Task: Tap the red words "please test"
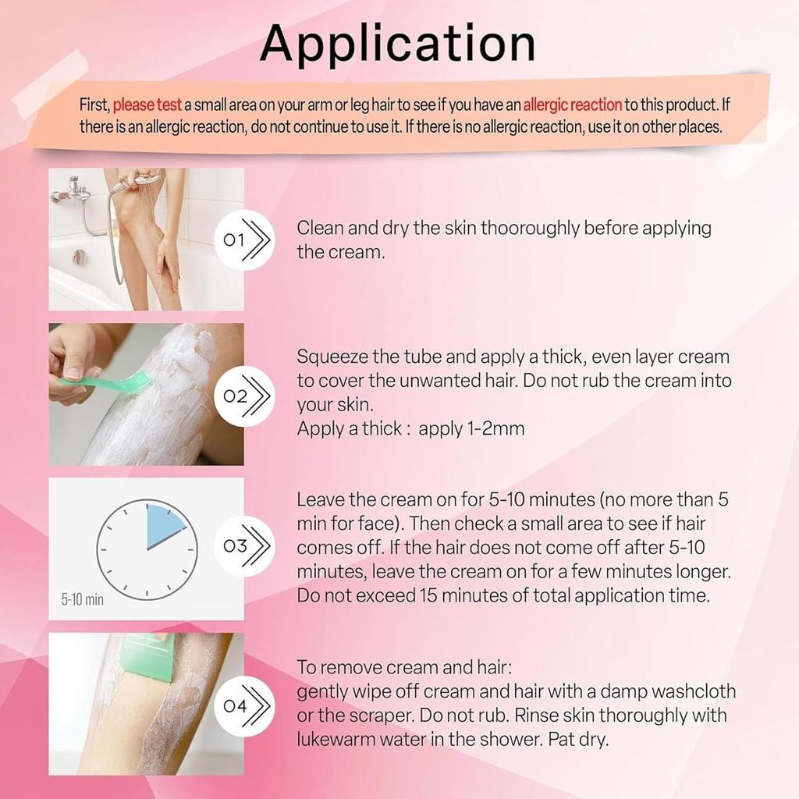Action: [x=147, y=105]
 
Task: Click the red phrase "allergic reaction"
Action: [x=572, y=105]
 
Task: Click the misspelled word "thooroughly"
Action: [x=531, y=229]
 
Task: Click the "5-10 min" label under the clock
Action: [x=82, y=600]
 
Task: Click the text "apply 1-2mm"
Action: [x=471, y=428]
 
